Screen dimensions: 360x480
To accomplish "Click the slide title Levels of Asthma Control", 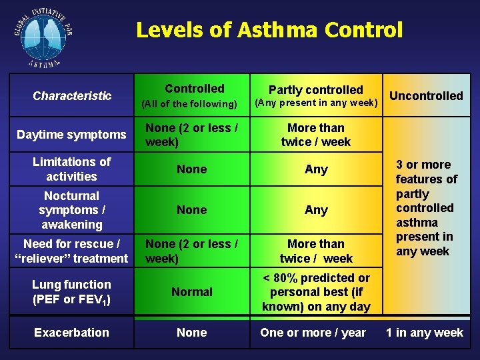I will coord(269,30).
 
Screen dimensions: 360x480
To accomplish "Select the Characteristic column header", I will coord(72,96).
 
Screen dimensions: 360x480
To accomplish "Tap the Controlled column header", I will coord(195,89).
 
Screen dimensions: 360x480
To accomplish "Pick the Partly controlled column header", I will coord(315,90).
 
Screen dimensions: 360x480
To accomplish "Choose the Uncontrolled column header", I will coord(426,96).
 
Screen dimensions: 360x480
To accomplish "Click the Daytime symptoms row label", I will coord(71,135).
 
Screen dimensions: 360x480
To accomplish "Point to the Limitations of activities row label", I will coord(71,169).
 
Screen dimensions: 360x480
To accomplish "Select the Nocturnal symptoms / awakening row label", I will coord(71,210).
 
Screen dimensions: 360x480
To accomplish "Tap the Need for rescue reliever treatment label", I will coord(71,251).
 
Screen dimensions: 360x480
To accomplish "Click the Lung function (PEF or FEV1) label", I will coord(71,292).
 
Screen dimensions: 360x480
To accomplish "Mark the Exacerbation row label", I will coord(71,333).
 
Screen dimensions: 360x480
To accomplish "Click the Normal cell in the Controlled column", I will coord(192,292).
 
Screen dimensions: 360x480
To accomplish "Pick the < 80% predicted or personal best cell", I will coord(316,292).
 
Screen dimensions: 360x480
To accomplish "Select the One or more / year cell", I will coord(313,333).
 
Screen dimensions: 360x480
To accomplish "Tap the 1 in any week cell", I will coord(425,333).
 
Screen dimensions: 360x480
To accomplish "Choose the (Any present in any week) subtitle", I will coord(317,103).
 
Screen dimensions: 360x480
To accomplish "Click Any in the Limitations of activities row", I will coord(316,169).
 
